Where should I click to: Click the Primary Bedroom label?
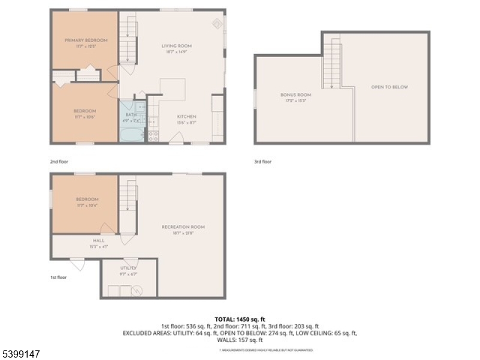tap(86, 40)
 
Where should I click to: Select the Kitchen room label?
tap(186, 116)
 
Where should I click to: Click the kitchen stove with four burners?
tap(153, 136)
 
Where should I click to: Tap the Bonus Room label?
tap(296, 95)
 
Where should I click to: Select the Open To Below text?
tap(389, 87)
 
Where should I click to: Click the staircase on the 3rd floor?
tap(332, 63)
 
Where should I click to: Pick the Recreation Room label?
tap(183, 227)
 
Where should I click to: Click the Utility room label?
tap(128, 268)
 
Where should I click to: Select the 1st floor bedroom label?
tap(87, 199)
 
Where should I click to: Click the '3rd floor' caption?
tap(263, 161)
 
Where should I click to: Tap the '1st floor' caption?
tap(58, 277)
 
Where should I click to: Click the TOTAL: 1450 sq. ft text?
tap(240, 319)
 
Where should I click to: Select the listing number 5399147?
tap(21, 354)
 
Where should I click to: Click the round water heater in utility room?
tap(137, 291)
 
